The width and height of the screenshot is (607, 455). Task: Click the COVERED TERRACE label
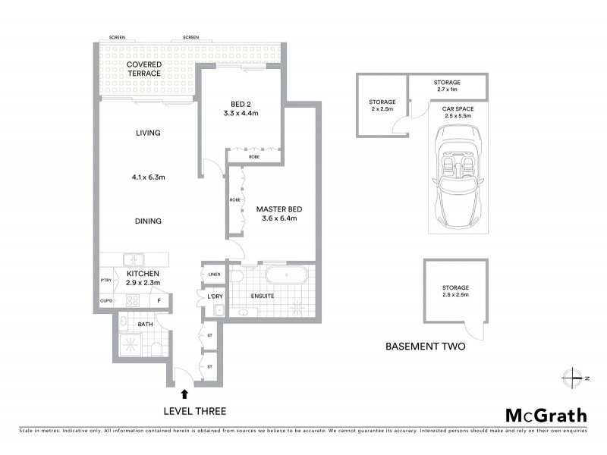(143, 69)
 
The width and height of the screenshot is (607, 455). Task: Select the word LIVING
(148, 133)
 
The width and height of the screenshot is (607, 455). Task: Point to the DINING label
(148, 221)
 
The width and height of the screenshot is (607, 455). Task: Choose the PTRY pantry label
(105, 280)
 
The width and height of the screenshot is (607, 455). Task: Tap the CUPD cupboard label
(105, 300)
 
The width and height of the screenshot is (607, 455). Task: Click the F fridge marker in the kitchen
(159, 300)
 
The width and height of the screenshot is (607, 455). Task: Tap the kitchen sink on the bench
(134, 259)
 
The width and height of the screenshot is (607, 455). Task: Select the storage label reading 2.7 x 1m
(446, 86)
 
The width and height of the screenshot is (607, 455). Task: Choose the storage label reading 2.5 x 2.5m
(455, 292)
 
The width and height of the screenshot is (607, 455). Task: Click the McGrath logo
(546, 415)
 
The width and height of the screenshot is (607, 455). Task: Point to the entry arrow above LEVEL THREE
(184, 393)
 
